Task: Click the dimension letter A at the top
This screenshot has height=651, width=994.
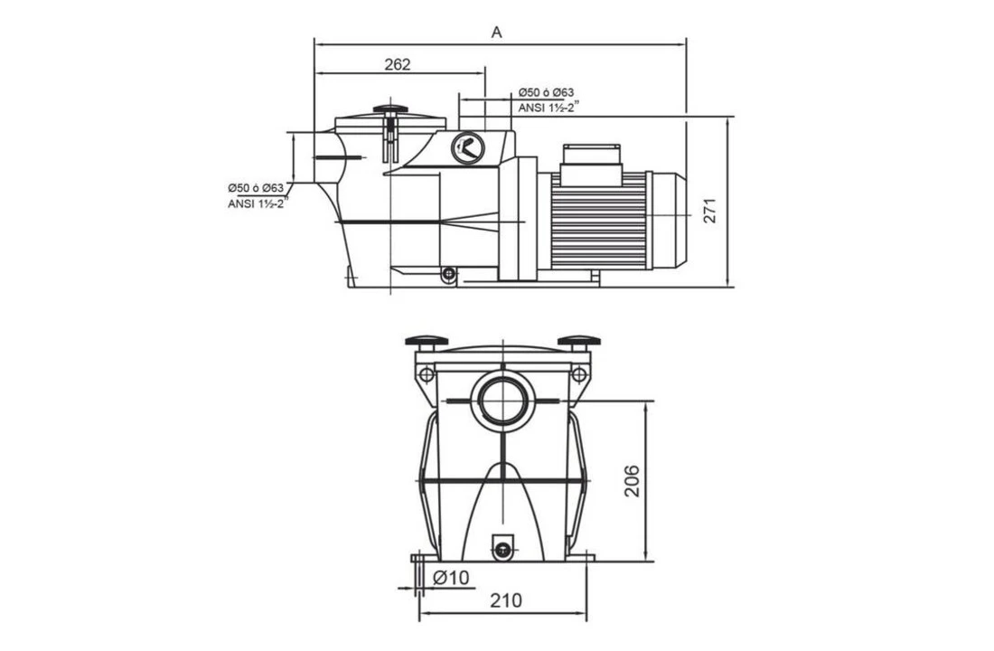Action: [496, 33]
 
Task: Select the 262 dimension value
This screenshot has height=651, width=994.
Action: [397, 64]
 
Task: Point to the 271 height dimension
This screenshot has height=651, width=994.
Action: [709, 210]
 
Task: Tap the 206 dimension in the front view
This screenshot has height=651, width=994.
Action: [632, 480]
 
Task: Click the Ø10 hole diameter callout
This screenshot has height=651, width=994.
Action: [451, 578]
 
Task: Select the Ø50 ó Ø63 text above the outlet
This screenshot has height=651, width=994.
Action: [546, 93]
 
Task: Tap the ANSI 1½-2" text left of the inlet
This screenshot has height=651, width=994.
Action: [256, 203]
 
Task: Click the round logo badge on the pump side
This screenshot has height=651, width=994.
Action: [468, 147]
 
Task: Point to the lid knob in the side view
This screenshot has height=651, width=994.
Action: [390, 110]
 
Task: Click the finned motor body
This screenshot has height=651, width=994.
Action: [598, 220]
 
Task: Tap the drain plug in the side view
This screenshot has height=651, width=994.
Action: [448, 273]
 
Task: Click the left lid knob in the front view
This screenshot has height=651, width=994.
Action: [427, 342]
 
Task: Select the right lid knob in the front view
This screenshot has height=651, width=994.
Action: [578, 342]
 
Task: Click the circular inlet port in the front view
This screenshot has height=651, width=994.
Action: [502, 399]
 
